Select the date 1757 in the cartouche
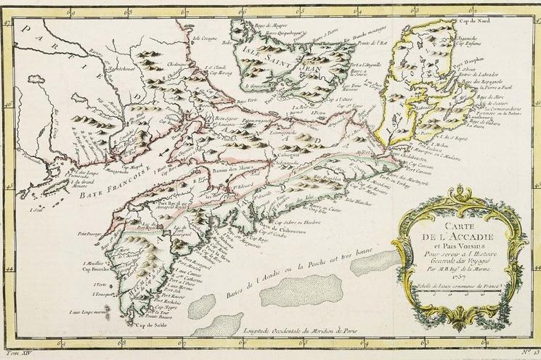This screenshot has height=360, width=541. (x=457, y=277)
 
